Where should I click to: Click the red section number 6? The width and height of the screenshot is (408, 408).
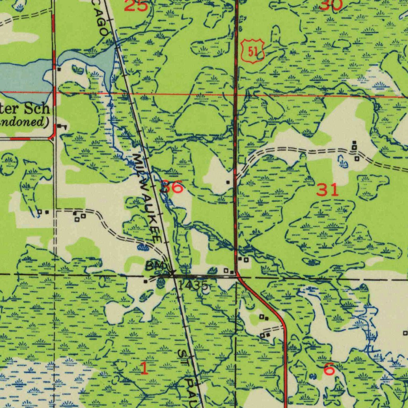329,369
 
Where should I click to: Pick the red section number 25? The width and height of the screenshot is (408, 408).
136,6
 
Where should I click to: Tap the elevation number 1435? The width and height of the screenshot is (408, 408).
193,285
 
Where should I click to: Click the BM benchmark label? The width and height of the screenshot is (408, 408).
154,265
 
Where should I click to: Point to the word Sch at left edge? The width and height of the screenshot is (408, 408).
37,108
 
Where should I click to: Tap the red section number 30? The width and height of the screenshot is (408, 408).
331,5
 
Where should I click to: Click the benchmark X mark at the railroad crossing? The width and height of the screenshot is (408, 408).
173,274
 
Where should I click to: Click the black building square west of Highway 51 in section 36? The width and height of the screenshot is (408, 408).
228,182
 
